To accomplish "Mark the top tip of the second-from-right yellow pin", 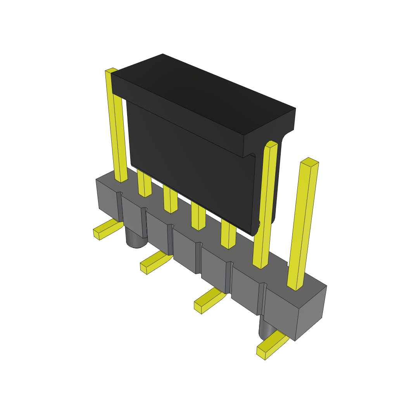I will point(271,144).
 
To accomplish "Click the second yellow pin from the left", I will point(144,184).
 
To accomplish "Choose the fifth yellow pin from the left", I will point(228,235).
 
